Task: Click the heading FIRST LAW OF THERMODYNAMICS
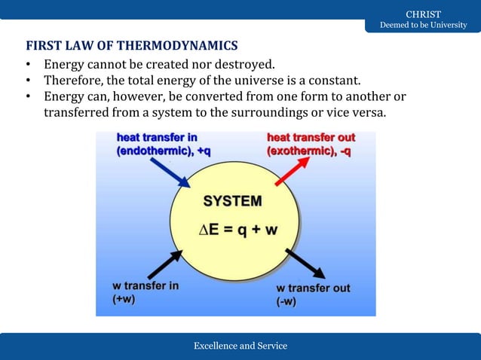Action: pyautogui.click(x=132, y=45)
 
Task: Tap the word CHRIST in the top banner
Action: pyautogui.click(x=423, y=14)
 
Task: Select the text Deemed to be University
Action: pyautogui.click(x=423, y=26)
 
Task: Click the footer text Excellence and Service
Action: pyautogui.click(x=240, y=346)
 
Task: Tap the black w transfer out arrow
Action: pyautogui.click(x=305, y=264)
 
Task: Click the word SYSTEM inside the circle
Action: pyautogui.click(x=234, y=201)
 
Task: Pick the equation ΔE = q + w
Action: pyautogui.click(x=237, y=230)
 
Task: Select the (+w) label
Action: pyautogui.click(x=125, y=299)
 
